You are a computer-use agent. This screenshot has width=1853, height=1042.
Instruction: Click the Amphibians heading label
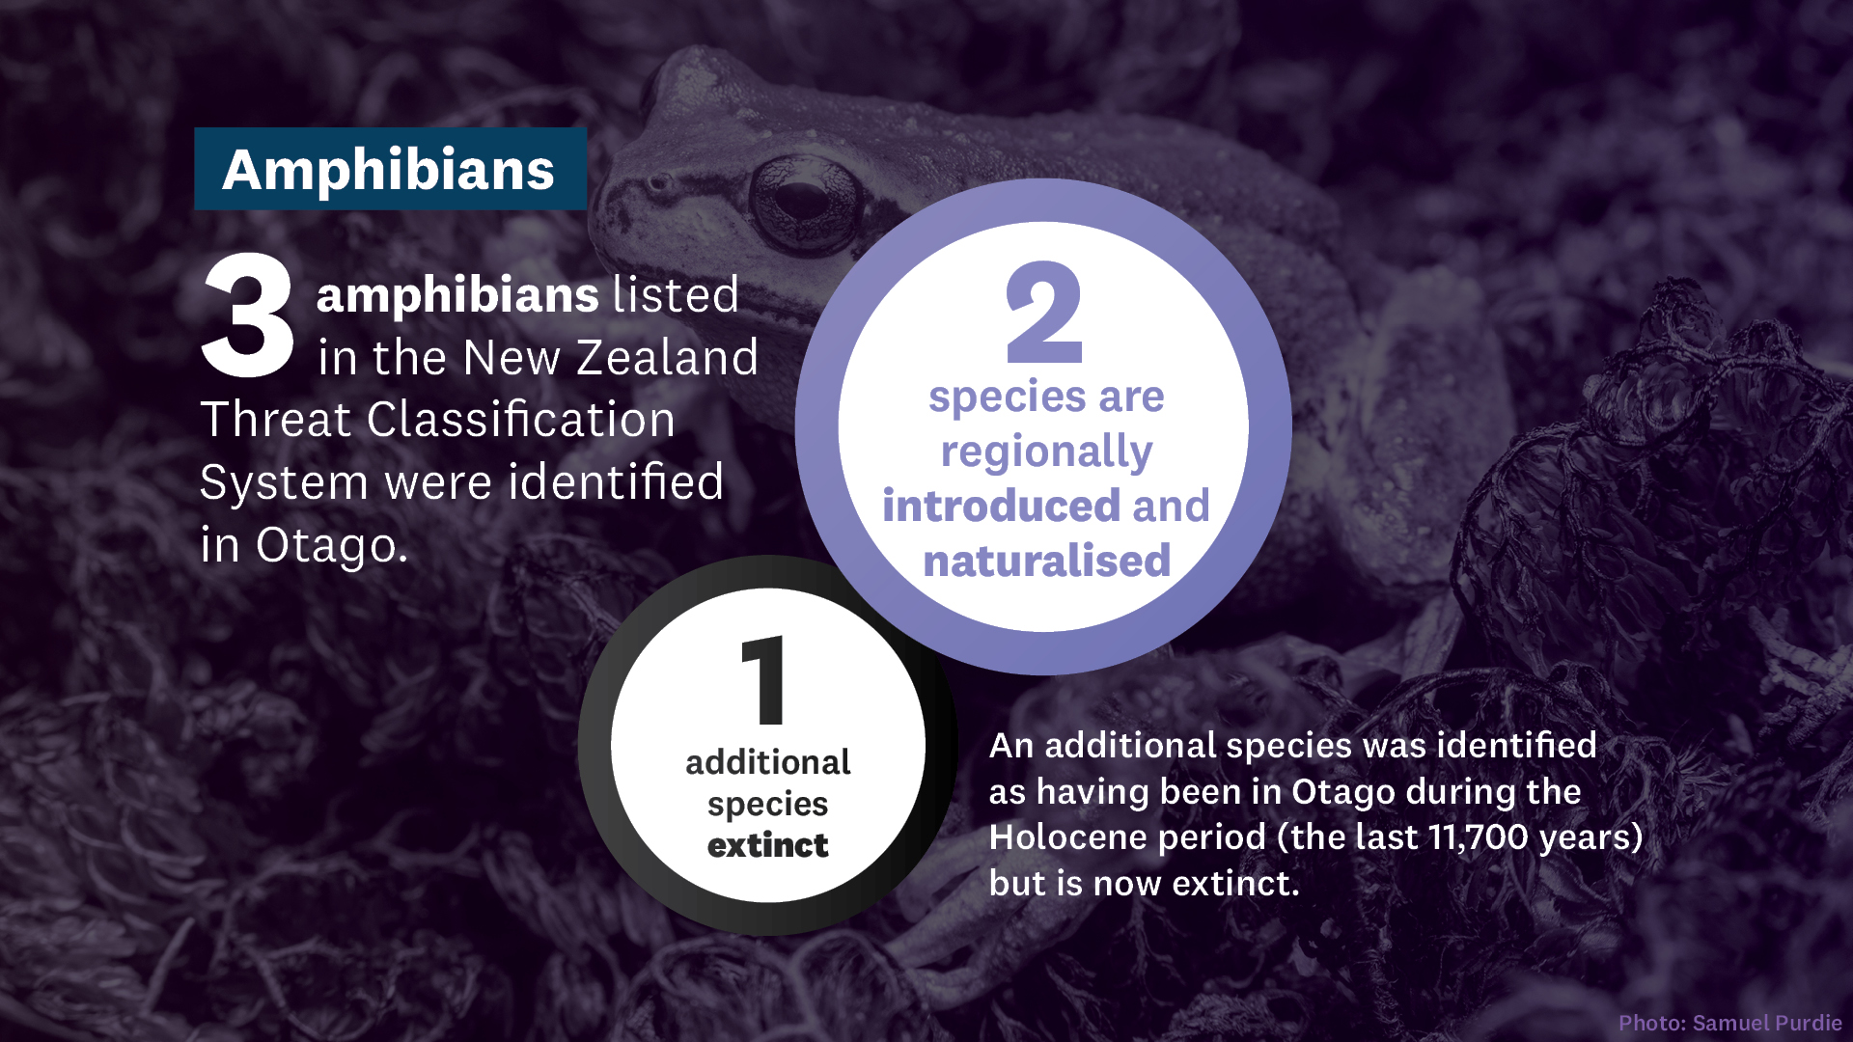pos(390,169)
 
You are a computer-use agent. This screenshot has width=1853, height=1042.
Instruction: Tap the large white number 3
pos(247,315)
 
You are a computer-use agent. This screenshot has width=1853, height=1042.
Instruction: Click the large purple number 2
pos(1044,313)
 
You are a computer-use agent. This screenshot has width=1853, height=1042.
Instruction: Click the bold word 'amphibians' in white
pos(457,295)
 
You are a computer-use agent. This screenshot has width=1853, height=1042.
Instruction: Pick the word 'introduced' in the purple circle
pos(1001,506)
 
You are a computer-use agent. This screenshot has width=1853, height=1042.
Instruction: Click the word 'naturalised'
pos(1046,561)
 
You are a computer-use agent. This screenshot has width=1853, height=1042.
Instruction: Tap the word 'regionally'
pos(1046,452)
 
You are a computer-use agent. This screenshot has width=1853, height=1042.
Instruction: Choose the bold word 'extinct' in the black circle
pos(768,846)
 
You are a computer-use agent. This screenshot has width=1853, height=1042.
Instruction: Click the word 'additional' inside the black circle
pos(768,762)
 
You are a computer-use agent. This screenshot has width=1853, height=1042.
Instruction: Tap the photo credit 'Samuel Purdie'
pos(1767,1023)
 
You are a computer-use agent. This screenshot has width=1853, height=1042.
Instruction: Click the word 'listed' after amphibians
pos(676,295)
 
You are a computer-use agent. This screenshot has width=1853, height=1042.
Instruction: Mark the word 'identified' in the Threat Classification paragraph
pos(616,482)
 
